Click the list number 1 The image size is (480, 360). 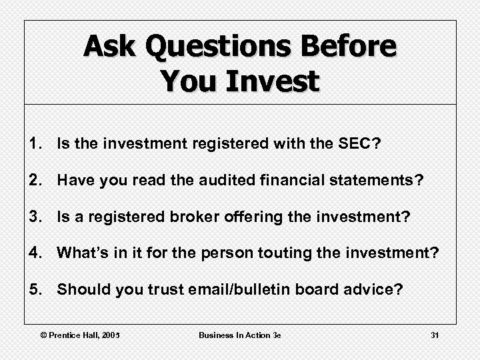(x=35, y=143)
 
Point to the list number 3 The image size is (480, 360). (x=35, y=216)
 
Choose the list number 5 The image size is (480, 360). (x=35, y=289)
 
